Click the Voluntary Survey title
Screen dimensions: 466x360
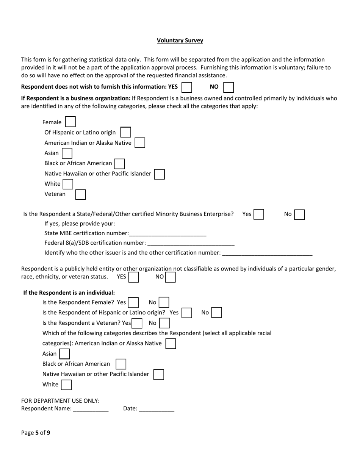180,41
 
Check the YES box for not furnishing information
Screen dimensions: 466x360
187,87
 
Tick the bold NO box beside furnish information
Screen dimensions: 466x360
228,87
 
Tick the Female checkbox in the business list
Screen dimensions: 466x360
70,122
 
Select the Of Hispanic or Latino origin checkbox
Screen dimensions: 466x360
125,132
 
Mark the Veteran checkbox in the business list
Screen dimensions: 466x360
80,194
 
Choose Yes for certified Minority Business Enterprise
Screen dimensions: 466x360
259,214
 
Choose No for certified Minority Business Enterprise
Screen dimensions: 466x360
299,214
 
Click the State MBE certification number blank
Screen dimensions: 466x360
167,234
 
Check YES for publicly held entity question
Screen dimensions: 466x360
134,277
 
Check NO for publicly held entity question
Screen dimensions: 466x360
171,277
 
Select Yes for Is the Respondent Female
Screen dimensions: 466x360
133,303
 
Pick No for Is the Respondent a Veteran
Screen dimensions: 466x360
164,323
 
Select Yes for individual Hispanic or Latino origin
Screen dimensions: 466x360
186,313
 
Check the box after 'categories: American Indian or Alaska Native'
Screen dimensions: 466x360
171,344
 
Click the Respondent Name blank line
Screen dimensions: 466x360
91,409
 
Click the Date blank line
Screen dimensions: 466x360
157,409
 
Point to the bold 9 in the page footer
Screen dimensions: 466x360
49,433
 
